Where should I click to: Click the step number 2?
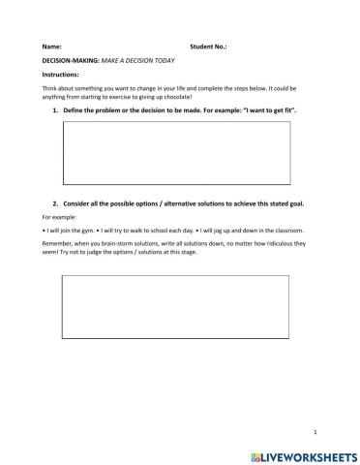click(54, 205)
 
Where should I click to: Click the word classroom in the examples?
click(287, 231)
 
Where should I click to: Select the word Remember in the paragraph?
click(60, 244)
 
